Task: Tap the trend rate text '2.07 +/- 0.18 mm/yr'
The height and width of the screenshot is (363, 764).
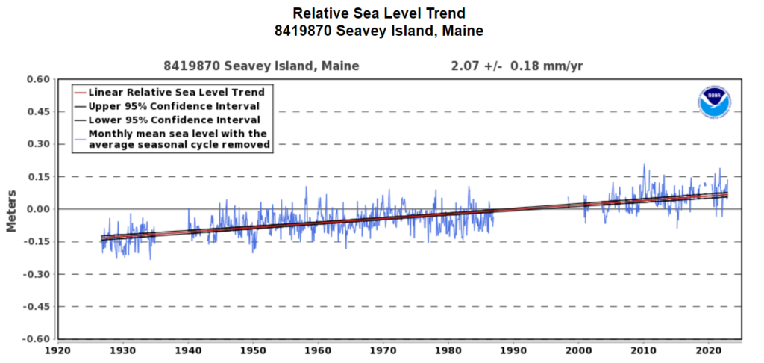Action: coord(516,66)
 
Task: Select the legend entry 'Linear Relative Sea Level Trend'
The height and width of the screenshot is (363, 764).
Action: coord(176,92)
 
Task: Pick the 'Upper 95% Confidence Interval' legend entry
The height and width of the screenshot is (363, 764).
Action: coord(174,106)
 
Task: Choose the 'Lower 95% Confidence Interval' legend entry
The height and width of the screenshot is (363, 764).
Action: coord(174,120)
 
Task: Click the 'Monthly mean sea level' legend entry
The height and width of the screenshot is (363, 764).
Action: coord(178,139)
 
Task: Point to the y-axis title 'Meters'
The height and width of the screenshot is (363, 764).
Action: coord(12,209)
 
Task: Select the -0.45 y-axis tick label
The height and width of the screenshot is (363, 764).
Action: coord(35,306)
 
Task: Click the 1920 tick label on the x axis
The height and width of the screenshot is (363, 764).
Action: coord(57,350)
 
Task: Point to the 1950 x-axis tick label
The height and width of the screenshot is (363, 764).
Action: coord(253,350)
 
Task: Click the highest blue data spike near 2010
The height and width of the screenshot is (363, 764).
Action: coord(644,166)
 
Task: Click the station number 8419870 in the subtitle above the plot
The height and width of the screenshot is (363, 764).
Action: coord(188,66)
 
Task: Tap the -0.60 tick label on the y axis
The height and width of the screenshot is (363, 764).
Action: coord(35,338)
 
